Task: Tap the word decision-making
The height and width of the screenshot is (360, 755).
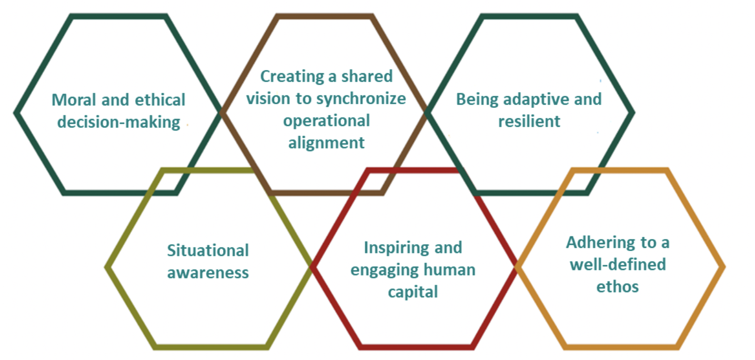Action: pos(119,122)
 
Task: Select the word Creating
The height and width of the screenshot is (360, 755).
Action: pos(292,77)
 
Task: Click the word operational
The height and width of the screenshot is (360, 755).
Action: pos(326,121)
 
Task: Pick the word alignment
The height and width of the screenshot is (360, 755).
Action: pos(326,143)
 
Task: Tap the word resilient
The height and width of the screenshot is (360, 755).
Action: pos(529,122)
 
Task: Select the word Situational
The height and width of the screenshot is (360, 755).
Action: pos(208,251)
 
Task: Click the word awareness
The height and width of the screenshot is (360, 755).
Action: pos(208,273)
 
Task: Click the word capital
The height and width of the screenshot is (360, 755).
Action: pos(413,292)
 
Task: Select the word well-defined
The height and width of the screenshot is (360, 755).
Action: pos(618,265)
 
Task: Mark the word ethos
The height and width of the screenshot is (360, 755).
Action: pos(618,287)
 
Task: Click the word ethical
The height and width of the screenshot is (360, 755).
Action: pos(160,100)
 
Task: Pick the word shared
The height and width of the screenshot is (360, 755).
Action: pos(367,76)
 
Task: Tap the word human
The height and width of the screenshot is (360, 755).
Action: pos(449,270)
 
